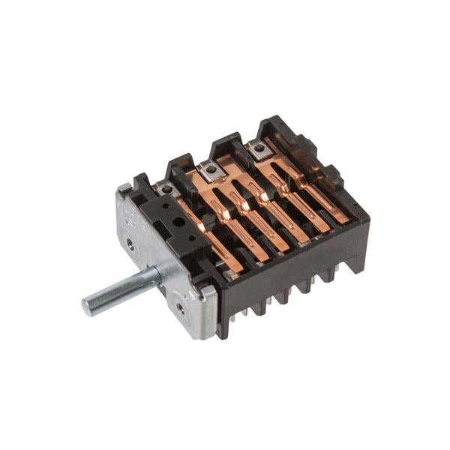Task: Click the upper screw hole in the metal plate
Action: point(131,243)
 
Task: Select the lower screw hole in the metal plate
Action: point(179,306)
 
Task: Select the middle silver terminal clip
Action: point(212,169)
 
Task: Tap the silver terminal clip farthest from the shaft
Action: point(259,148)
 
